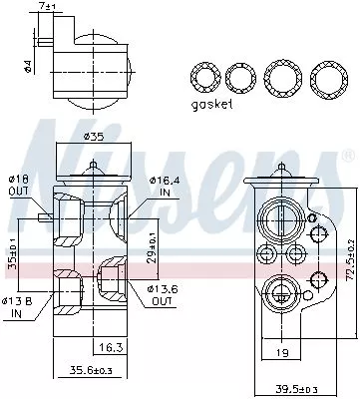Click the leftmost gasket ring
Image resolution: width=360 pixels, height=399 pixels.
[203, 78]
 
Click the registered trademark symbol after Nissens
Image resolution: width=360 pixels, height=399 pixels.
[346, 158]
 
